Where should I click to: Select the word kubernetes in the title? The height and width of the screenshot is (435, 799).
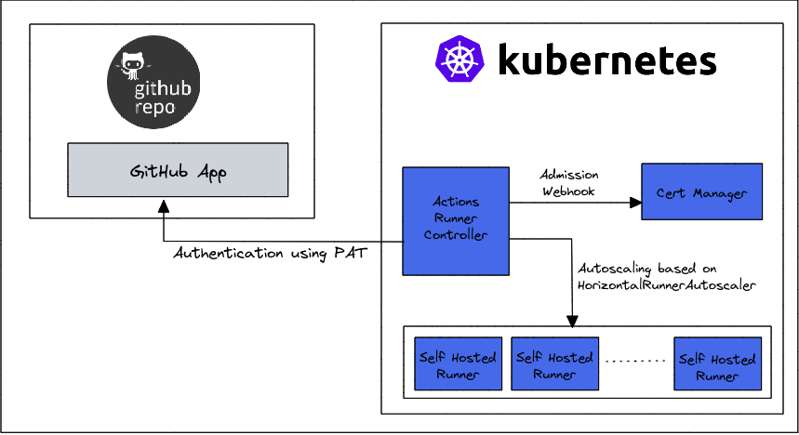click(x=607, y=61)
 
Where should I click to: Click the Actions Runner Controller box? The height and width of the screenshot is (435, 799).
click(x=456, y=220)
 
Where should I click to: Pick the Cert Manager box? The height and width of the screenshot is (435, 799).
click(x=701, y=191)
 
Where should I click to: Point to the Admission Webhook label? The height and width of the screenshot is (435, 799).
click(x=569, y=182)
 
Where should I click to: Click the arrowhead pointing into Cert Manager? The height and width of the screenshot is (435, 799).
click(x=635, y=200)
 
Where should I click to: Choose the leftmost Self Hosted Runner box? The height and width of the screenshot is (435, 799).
click(x=458, y=364)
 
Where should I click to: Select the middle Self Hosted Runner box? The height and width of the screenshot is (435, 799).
click(x=554, y=364)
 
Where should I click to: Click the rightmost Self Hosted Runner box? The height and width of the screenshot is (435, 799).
click(x=717, y=364)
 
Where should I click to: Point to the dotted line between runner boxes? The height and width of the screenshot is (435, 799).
click(x=635, y=360)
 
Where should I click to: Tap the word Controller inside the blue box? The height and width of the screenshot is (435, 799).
click(x=456, y=235)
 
